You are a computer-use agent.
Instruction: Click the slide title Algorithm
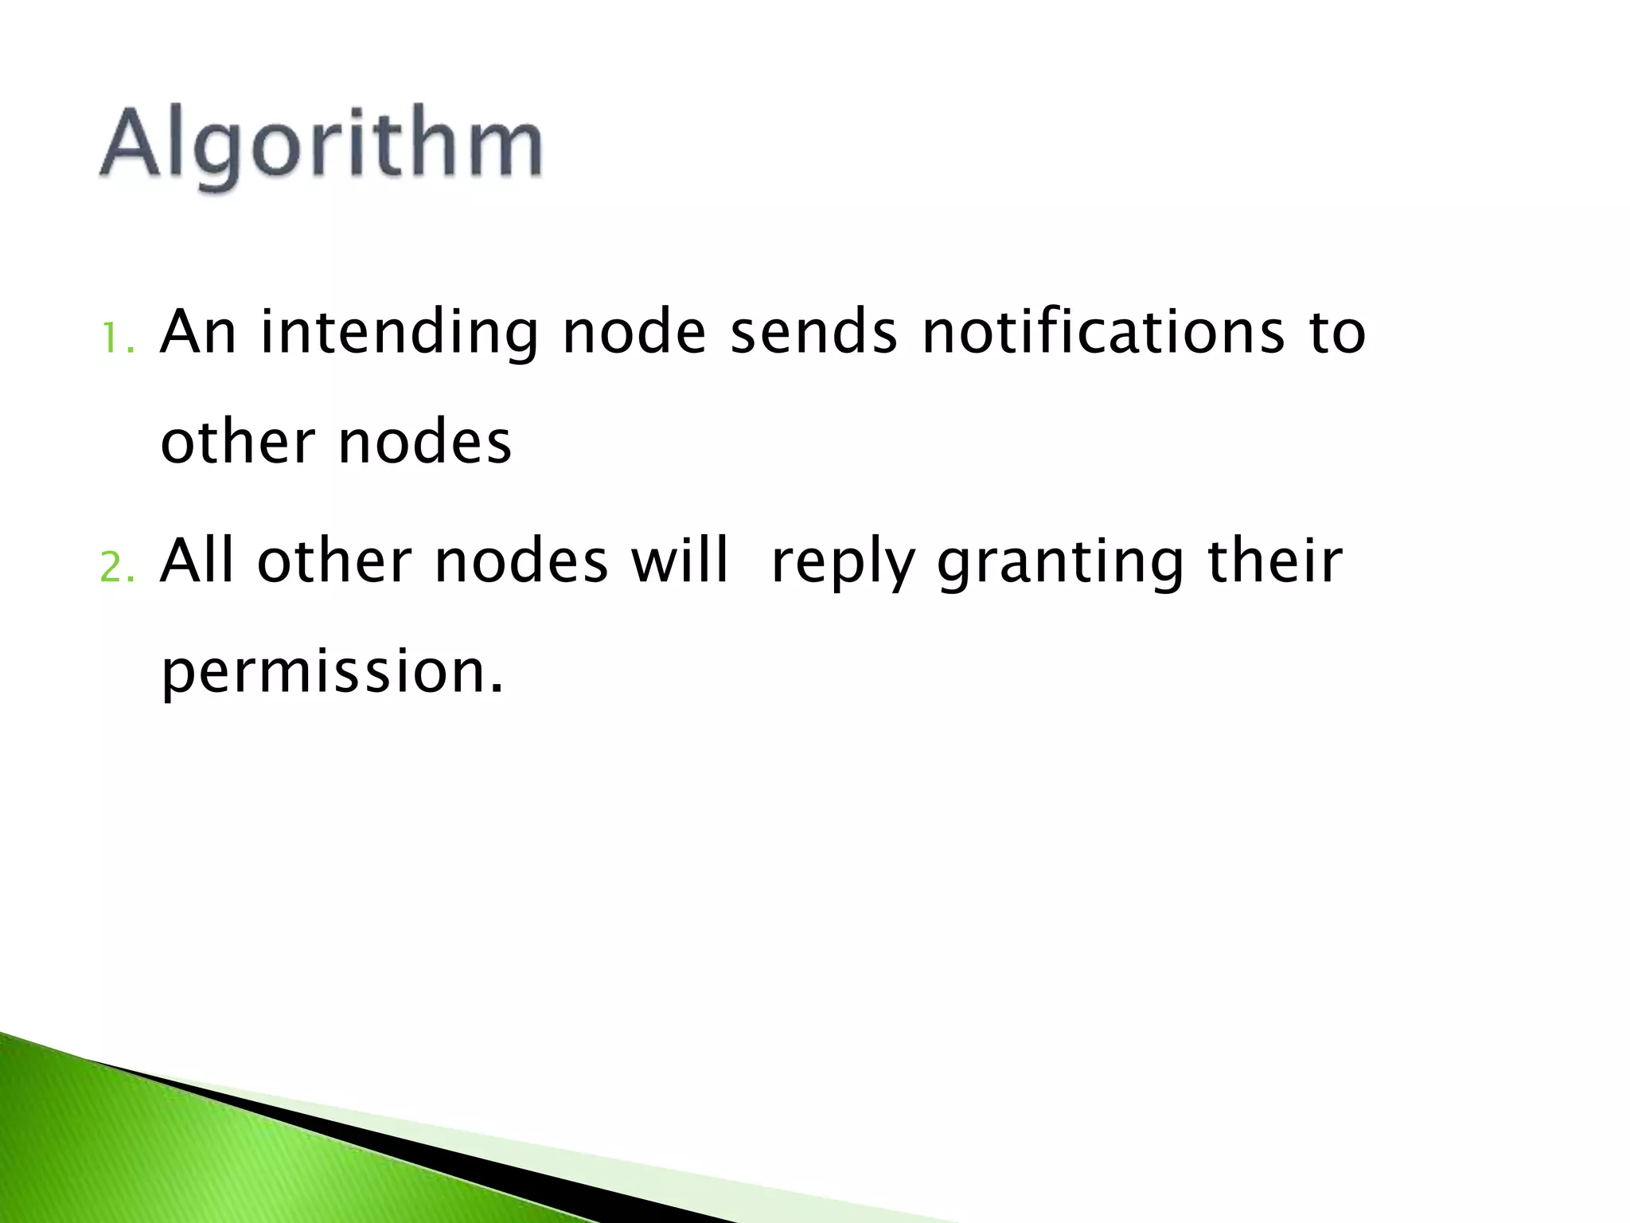321,148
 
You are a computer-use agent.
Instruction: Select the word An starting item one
198,332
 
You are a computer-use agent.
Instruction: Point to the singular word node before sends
634,332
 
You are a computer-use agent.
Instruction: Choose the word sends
813,332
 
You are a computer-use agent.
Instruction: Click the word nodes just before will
521,561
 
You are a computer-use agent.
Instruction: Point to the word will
680,561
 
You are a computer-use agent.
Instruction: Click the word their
1275,561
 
